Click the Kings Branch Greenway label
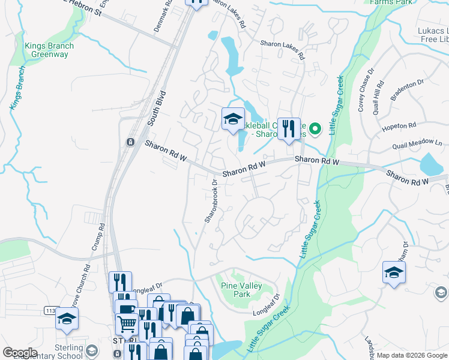(x=49, y=50)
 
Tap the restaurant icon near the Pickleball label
(x=289, y=128)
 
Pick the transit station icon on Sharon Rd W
(x=129, y=142)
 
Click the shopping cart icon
(x=127, y=325)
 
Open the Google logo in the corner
(x=20, y=353)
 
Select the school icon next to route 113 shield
(x=67, y=319)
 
